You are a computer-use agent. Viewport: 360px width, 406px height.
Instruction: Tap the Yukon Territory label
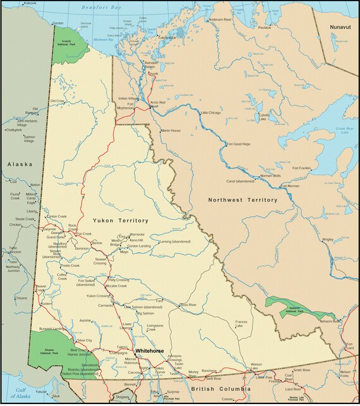(120, 221)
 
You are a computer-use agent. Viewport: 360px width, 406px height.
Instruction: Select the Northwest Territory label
(243, 200)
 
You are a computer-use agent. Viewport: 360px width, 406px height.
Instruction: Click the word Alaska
(19, 164)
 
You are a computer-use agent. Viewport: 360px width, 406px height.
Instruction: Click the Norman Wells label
(270, 176)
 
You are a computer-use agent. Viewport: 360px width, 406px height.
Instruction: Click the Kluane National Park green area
(47, 347)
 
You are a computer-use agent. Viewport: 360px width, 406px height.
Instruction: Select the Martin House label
(171, 130)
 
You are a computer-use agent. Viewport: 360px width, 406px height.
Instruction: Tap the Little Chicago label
(211, 113)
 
